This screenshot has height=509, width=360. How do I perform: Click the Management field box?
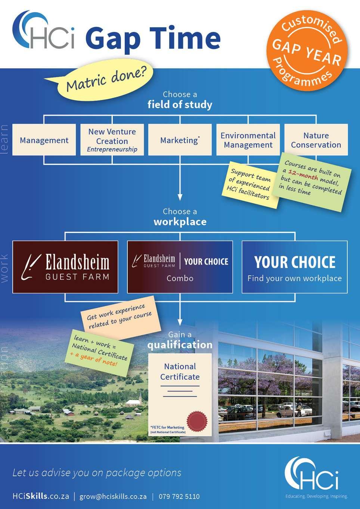(x=44, y=140)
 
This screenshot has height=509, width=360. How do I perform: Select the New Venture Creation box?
(x=112, y=140)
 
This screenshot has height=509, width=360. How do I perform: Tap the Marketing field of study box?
(x=180, y=140)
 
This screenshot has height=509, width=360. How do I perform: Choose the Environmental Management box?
(x=248, y=140)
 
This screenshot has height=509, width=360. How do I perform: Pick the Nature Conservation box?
(x=316, y=140)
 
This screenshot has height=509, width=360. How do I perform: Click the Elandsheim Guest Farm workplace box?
(x=65, y=266)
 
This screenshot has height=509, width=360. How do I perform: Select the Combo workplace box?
(x=180, y=266)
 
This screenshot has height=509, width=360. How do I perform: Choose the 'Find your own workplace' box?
(x=294, y=266)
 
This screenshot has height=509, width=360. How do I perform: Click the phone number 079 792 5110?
(x=179, y=496)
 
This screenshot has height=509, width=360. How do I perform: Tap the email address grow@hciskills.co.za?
(x=113, y=496)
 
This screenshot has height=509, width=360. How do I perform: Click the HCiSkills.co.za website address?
(x=41, y=496)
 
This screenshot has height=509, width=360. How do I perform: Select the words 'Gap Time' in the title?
(x=153, y=39)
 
